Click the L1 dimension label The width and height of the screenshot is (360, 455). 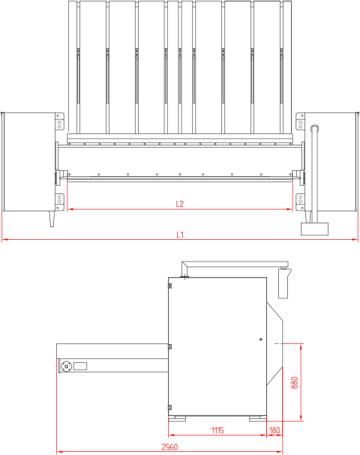pos(180,235)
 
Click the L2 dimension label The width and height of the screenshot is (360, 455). pos(180,204)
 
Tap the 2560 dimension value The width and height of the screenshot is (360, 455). pos(169,447)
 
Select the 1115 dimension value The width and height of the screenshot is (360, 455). pos(217,430)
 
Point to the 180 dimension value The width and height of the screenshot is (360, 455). pos(274,430)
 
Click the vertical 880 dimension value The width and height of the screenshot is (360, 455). pos(294,383)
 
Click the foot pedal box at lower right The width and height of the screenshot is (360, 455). pos(314,229)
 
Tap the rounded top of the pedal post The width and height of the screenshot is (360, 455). pos(315,127)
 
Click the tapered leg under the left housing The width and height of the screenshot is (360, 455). pos(52,219)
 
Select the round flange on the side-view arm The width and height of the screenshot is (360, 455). pos(67,367)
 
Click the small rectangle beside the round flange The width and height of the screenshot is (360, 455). pos(80,366)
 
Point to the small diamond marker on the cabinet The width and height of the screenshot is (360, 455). pos(261,340)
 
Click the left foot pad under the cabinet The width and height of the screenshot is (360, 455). pos(177,419)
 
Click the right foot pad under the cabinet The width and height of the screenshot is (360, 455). pos(257,419)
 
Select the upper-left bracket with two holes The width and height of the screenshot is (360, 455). pos(59,121)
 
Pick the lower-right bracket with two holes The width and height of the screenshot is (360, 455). pos(300,202)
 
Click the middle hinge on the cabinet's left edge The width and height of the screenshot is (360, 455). pos(169,346)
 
